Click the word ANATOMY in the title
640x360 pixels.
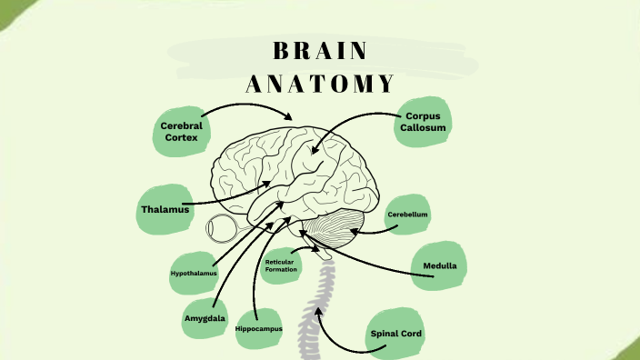[x=320, y=84]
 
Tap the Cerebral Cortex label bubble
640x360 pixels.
[x=181, y=131]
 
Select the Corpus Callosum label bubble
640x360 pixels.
[x=424, y=123]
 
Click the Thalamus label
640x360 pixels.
[x=165, y=210]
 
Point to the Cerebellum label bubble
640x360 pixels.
[x=407, y=215]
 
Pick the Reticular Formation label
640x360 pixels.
[x=282, y=266]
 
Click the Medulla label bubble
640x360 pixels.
[x=439, y=266]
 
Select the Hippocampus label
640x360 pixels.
[x=259, y=328]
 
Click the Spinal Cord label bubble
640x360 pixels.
[x=397, y=333]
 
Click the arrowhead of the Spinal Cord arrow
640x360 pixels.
[x=318, y=313]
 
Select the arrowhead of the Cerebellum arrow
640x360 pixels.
[x=355, y=231]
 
